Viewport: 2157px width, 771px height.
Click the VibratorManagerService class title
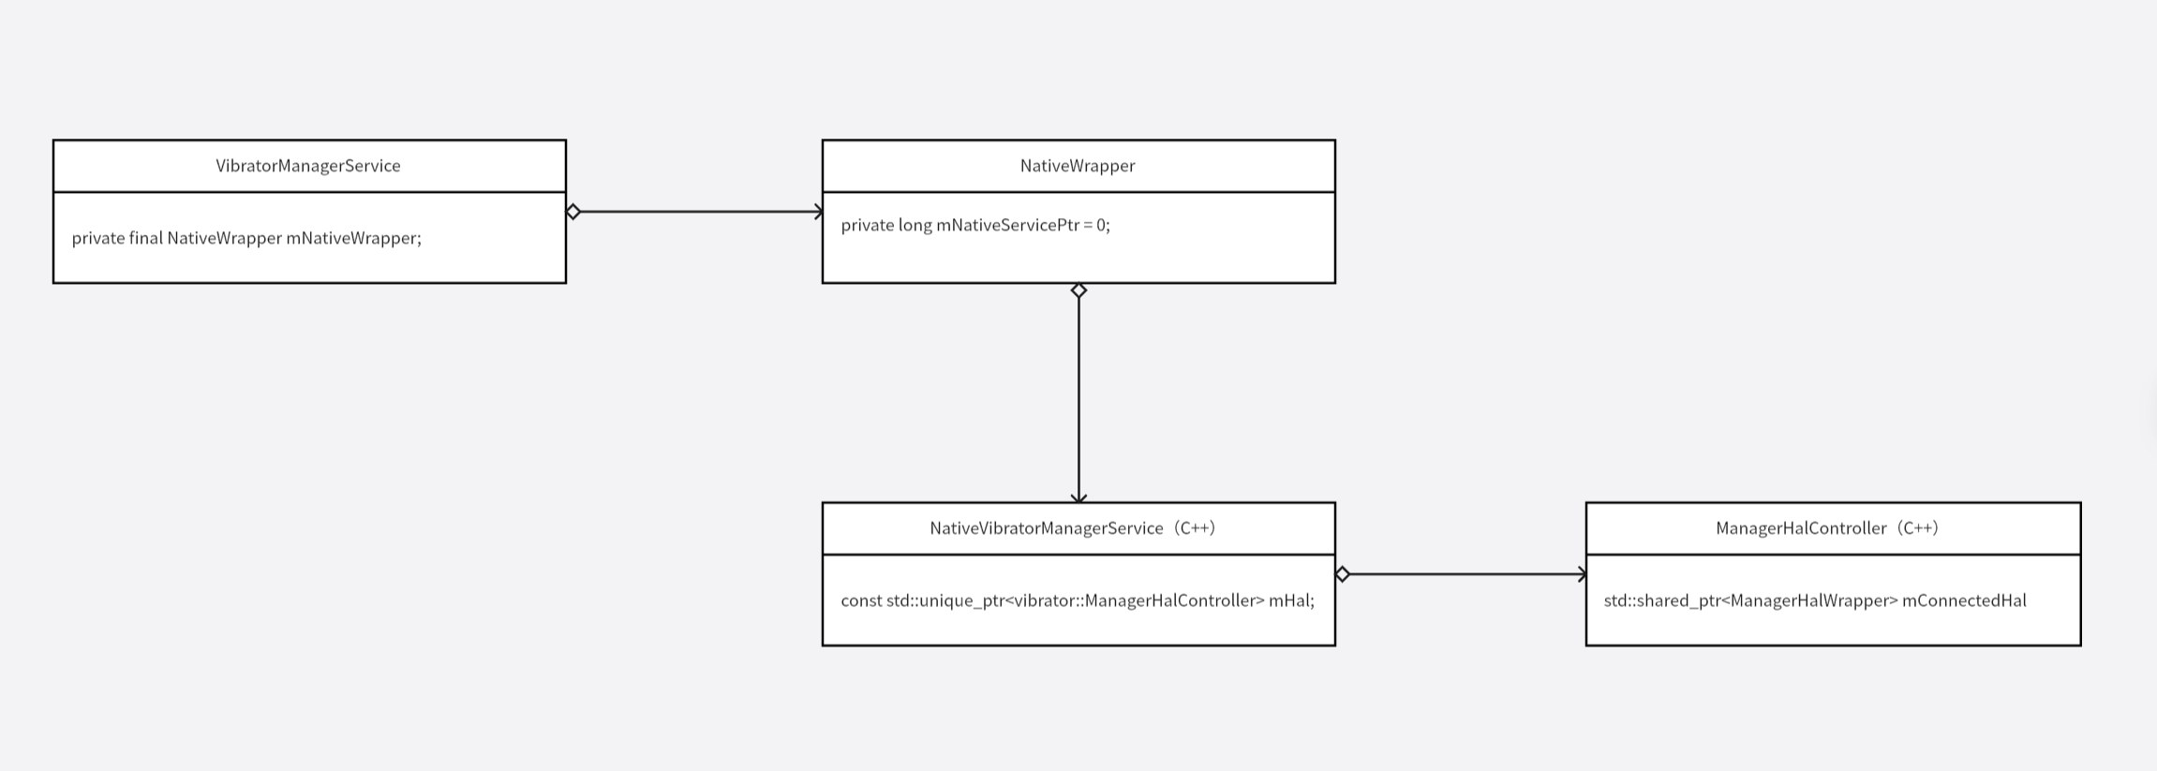point(308,166)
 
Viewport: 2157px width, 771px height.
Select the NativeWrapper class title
point(1078,166)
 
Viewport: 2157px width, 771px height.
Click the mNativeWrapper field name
point(353,238)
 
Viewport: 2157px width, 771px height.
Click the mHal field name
point(1291,600)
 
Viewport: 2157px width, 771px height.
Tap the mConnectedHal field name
point(1964,600)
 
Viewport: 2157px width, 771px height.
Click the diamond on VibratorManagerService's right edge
point(573,212)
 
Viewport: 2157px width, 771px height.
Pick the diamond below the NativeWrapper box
point(1078,290)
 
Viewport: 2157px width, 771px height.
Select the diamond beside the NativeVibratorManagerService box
point(1343,574)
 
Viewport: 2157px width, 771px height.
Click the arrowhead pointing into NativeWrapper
point(818,212)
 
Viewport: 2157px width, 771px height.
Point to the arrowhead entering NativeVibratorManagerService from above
point(1078,497)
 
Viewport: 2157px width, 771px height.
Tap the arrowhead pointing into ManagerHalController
point(1582,574)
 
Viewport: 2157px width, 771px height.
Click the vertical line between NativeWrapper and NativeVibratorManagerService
point(1078,393)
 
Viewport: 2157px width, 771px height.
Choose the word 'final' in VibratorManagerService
point(146,238)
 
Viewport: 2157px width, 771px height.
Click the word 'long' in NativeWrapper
point(915,225)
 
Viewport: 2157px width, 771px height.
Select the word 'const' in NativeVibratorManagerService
point(861,600)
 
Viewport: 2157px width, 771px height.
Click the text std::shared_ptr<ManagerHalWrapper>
point(1750,600)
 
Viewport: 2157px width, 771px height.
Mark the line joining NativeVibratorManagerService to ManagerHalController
point(1462,574)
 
